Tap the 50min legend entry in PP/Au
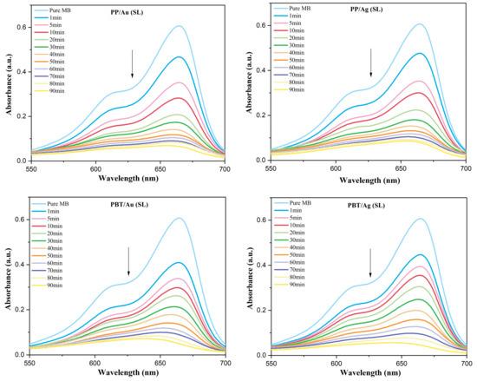pyautogui.click(x=62, y=62)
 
